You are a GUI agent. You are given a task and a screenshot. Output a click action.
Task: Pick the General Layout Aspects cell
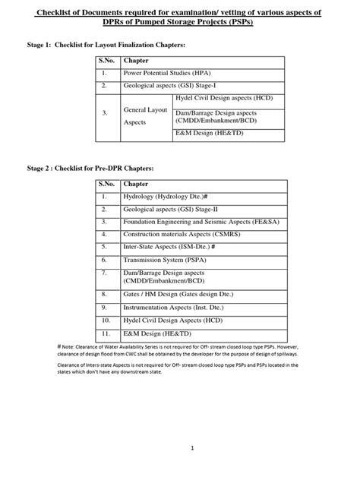[x=140, y=116]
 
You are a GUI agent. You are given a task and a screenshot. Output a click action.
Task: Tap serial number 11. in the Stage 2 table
[x=107, y=333]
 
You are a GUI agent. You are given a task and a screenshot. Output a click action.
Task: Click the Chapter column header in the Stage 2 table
[x=136, y=184]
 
